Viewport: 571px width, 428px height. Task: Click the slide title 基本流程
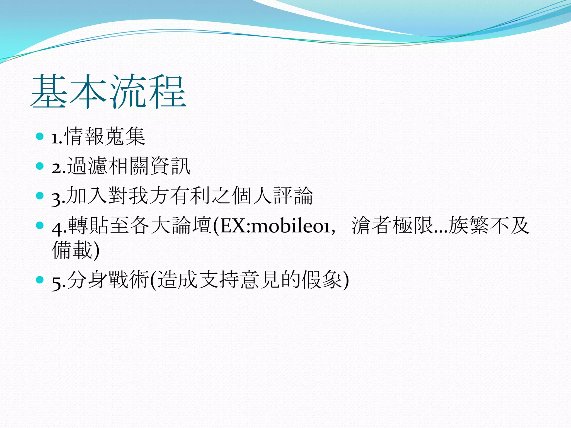pos(108,92)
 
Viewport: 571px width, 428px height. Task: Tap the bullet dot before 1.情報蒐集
pos(40,136)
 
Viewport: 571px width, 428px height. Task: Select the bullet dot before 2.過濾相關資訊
pos(40,166)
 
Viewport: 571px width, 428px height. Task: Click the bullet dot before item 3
pos(40,196)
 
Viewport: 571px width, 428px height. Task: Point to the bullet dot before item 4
pos(40,225)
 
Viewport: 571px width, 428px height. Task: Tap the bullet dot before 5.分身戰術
pos(40,279)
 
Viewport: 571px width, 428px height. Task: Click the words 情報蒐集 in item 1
pos(105,136)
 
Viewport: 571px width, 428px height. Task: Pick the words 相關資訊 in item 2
pos(149,166)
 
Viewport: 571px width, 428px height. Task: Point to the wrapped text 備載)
pos(75,250)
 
